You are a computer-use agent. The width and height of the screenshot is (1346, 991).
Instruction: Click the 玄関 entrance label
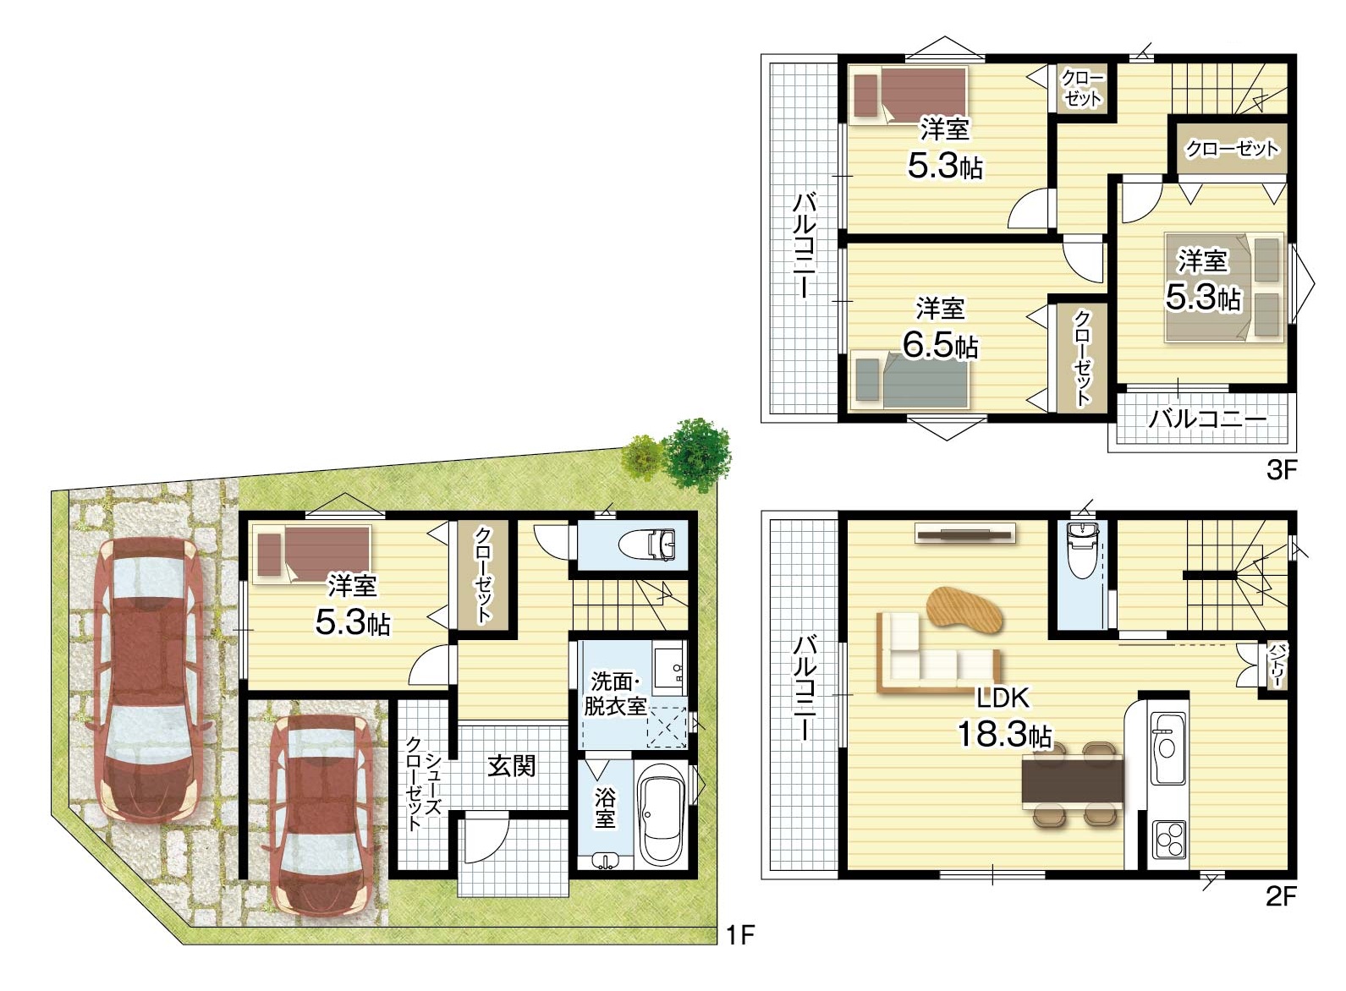tap(511, 766)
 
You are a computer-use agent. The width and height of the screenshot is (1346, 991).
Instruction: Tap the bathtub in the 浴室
tap(662, 815)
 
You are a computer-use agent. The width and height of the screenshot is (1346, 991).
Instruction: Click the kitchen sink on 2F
tap(1167, 748)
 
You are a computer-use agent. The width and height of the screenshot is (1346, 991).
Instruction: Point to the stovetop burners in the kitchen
tap(1168, 839)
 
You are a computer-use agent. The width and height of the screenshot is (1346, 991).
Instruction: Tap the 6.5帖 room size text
tap(941, 346)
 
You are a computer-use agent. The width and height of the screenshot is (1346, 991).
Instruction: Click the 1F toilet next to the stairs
tap(654, 545)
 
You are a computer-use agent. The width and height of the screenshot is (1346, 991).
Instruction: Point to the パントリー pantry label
tap(1276, 665)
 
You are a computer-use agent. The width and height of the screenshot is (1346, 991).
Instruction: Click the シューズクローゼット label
tap(424, 783)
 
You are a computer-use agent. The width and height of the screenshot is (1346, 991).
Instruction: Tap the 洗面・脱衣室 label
tap(615, 695)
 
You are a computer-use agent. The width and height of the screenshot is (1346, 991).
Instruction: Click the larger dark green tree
tap(698, 456)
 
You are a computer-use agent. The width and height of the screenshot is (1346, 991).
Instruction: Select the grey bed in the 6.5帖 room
tap(909, 380)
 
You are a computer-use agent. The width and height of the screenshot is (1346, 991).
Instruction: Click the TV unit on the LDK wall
tap(965, 533)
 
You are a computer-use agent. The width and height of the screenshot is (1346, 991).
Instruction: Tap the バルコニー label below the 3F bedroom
tap(1208, 419)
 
